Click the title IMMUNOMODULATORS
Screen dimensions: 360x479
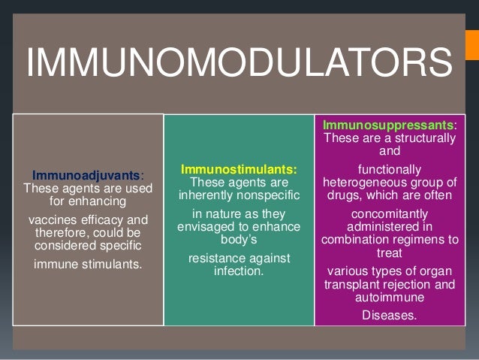click(x=239, y=62)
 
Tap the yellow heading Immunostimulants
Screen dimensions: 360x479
click(x=238, y=170)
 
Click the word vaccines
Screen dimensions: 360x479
click(x=53, y=219)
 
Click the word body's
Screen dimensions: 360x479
click(x=239, y=241)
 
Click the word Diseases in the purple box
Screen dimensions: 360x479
click(x=390, y=315)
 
